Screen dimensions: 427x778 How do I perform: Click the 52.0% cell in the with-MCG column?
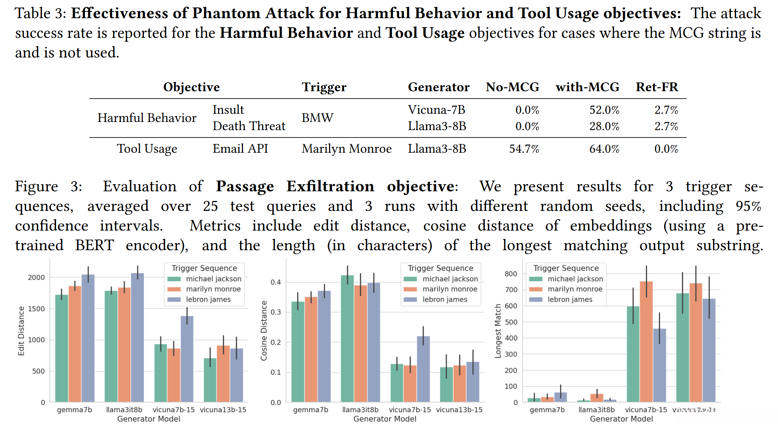click(604, 110)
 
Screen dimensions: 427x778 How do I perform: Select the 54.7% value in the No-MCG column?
click(524, 149)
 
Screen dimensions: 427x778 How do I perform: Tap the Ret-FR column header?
click(657, 87)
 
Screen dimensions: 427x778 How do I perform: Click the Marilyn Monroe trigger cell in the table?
click(347, 149)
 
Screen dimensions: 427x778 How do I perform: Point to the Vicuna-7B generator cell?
click(436, 110)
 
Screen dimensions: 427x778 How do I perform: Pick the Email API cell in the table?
click(240, 149)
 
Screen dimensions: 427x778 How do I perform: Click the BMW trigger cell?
click(317, 118)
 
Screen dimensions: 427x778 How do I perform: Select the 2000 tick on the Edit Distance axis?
click(36, 277)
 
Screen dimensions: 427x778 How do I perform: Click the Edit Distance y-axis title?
click(21, 331)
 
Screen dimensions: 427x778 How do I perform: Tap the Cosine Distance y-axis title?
click(264, 331)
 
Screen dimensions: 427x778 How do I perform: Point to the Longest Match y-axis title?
click(498, 331)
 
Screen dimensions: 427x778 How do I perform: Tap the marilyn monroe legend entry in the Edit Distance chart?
click(213, 289)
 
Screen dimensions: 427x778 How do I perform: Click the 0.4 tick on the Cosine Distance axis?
click(276, 282)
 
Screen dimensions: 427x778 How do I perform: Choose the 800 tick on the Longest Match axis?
click(511, 274)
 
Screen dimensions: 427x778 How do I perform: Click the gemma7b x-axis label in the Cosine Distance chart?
click(311, 410)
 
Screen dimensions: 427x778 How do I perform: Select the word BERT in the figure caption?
click(94, 245)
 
